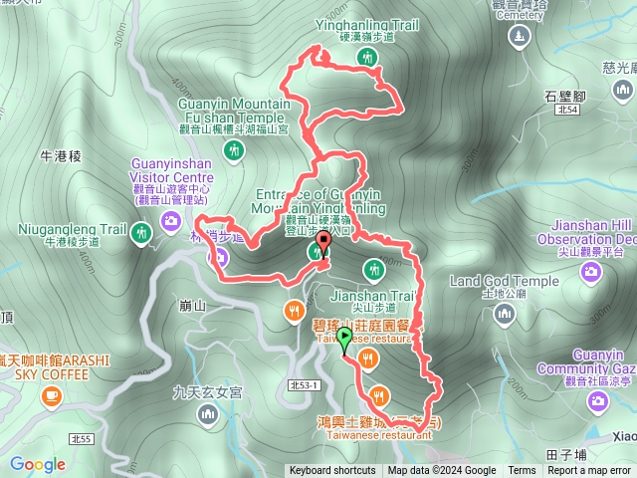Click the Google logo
click(x=38, y=464)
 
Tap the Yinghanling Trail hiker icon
click(x=369, y=59)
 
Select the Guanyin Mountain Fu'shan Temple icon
click(x=234, y=150)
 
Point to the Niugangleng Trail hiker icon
click(x=142, y=233)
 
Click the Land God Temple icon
click(x=505, y=315)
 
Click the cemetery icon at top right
click(x=519, y=38)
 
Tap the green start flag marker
click(x=344, y=341)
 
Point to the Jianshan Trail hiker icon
click(x=373, y=268)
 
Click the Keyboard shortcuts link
click(x=332, y=471)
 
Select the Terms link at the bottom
click(x=522, y=471)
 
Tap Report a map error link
click(x=589, y=471)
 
